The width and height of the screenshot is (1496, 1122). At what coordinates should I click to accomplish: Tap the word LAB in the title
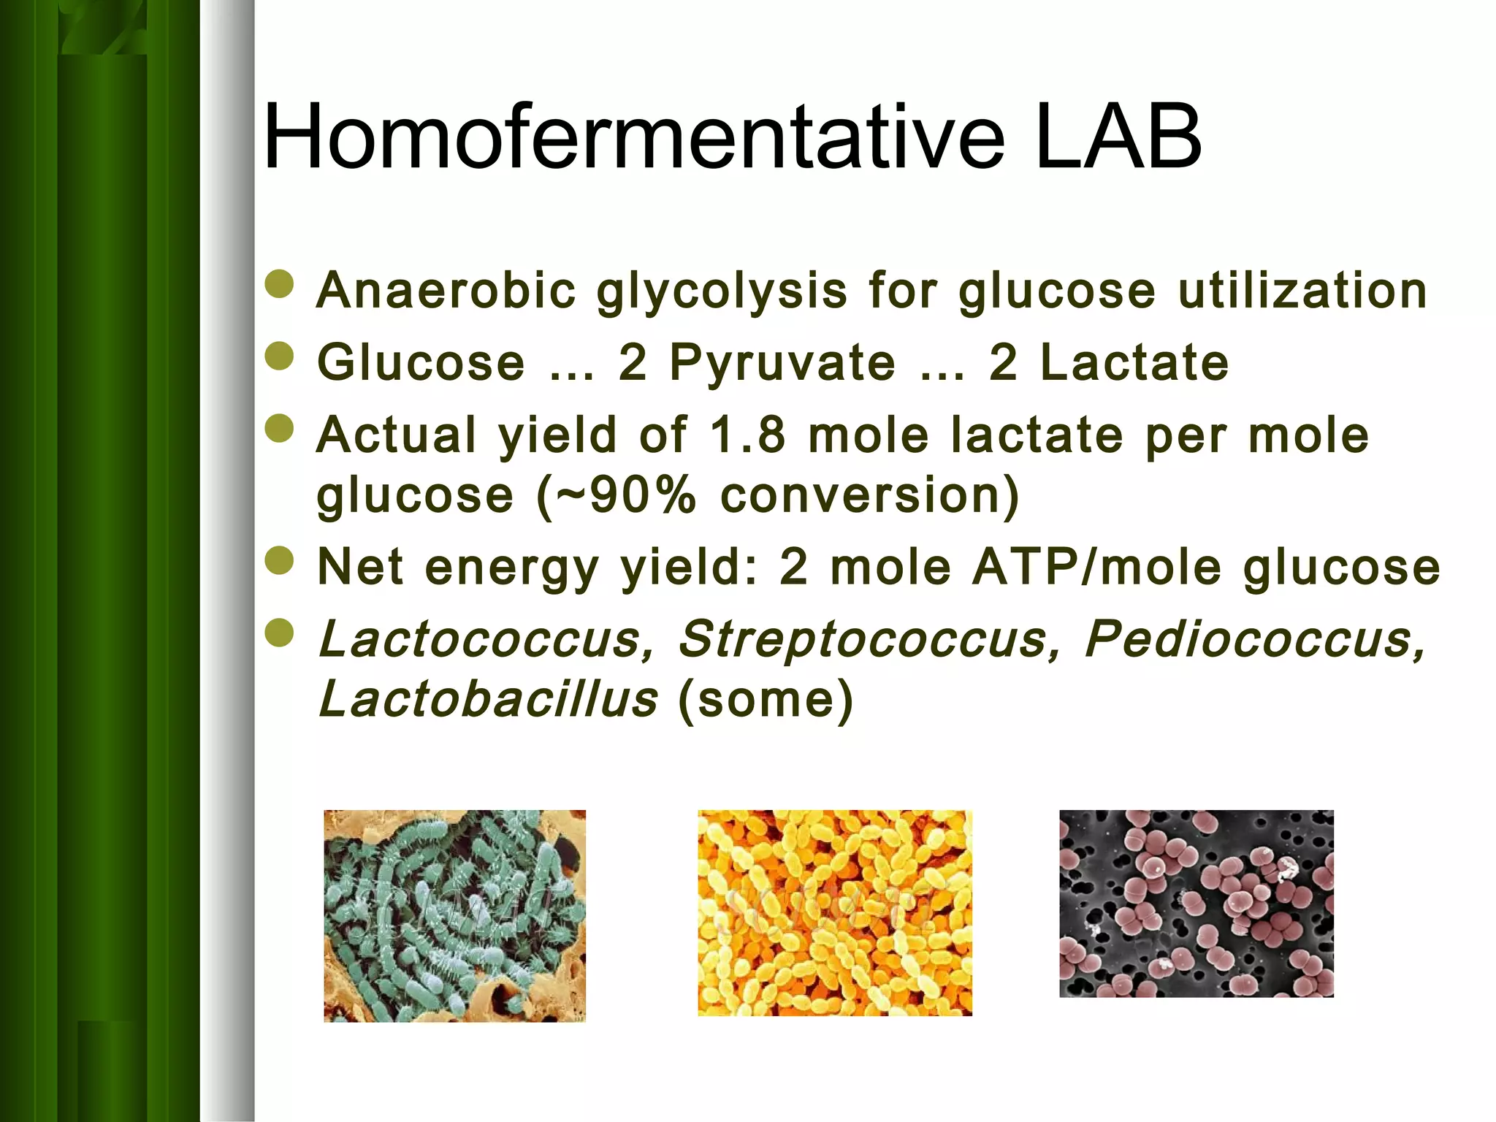point(1118,137)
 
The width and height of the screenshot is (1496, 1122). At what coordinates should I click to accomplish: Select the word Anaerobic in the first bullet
point(446,291)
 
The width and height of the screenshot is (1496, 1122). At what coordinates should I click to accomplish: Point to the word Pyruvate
point(782,364)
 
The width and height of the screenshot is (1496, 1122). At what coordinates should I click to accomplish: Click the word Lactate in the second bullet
point(1134,362)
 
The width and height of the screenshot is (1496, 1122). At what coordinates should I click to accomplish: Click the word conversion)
point(870,496)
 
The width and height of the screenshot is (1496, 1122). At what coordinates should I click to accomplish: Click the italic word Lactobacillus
point(488,698)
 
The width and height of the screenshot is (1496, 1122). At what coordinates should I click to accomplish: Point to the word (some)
point(766,700)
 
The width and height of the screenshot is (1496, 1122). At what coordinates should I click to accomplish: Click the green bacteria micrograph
point(454,915)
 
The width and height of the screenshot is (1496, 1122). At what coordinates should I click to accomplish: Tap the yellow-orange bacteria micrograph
point(834,912)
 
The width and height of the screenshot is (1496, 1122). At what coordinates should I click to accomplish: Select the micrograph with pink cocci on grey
point(1196,904)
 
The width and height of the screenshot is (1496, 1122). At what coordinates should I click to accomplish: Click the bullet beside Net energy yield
point(279,561)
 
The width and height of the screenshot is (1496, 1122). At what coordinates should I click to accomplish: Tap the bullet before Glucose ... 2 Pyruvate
point(279,356)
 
